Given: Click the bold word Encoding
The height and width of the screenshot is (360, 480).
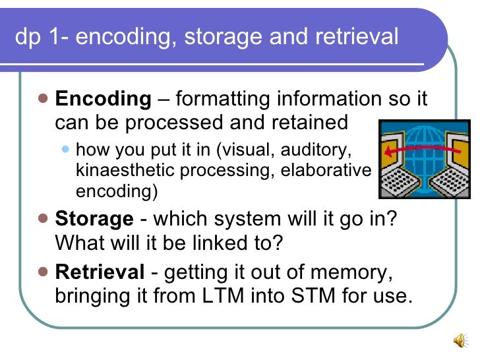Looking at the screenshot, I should pos(103,99).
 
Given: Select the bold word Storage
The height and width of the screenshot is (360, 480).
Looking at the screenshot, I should pos(94,219).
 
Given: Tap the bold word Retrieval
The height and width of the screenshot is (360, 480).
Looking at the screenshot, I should pos(100,272).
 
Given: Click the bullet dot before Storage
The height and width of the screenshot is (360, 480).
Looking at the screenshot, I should pos(44,218).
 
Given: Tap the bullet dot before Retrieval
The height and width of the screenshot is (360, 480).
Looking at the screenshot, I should pos(44,271).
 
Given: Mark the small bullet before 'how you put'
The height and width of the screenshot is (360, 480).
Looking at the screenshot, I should pos(65,149).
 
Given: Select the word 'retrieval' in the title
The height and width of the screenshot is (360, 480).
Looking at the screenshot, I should pos(356,37).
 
